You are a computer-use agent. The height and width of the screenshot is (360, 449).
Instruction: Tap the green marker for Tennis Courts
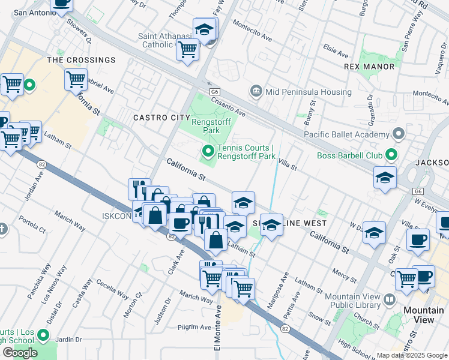[x=208, y=151]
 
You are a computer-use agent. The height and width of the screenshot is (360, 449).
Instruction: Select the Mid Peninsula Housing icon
[x=256, y=91]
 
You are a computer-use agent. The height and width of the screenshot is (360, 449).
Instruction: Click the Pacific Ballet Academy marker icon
[x=397, y=134]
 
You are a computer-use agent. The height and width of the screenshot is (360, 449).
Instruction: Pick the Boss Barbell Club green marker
[x=391, y=156]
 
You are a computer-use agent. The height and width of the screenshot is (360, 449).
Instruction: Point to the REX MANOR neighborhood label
[x=370, y=67]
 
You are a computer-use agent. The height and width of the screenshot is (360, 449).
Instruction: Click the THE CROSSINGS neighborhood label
[x=81, y=60]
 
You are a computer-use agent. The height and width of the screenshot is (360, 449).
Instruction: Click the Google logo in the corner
[x=20, y=353]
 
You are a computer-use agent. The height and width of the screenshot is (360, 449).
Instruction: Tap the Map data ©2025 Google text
[x=412, y=355]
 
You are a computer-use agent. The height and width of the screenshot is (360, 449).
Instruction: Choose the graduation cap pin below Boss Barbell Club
[x=385, y=178]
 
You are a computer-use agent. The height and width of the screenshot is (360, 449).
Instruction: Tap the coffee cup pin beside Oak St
[x=418, y=239]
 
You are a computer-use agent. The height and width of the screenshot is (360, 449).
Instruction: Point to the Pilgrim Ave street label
[x=194, y=328]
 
